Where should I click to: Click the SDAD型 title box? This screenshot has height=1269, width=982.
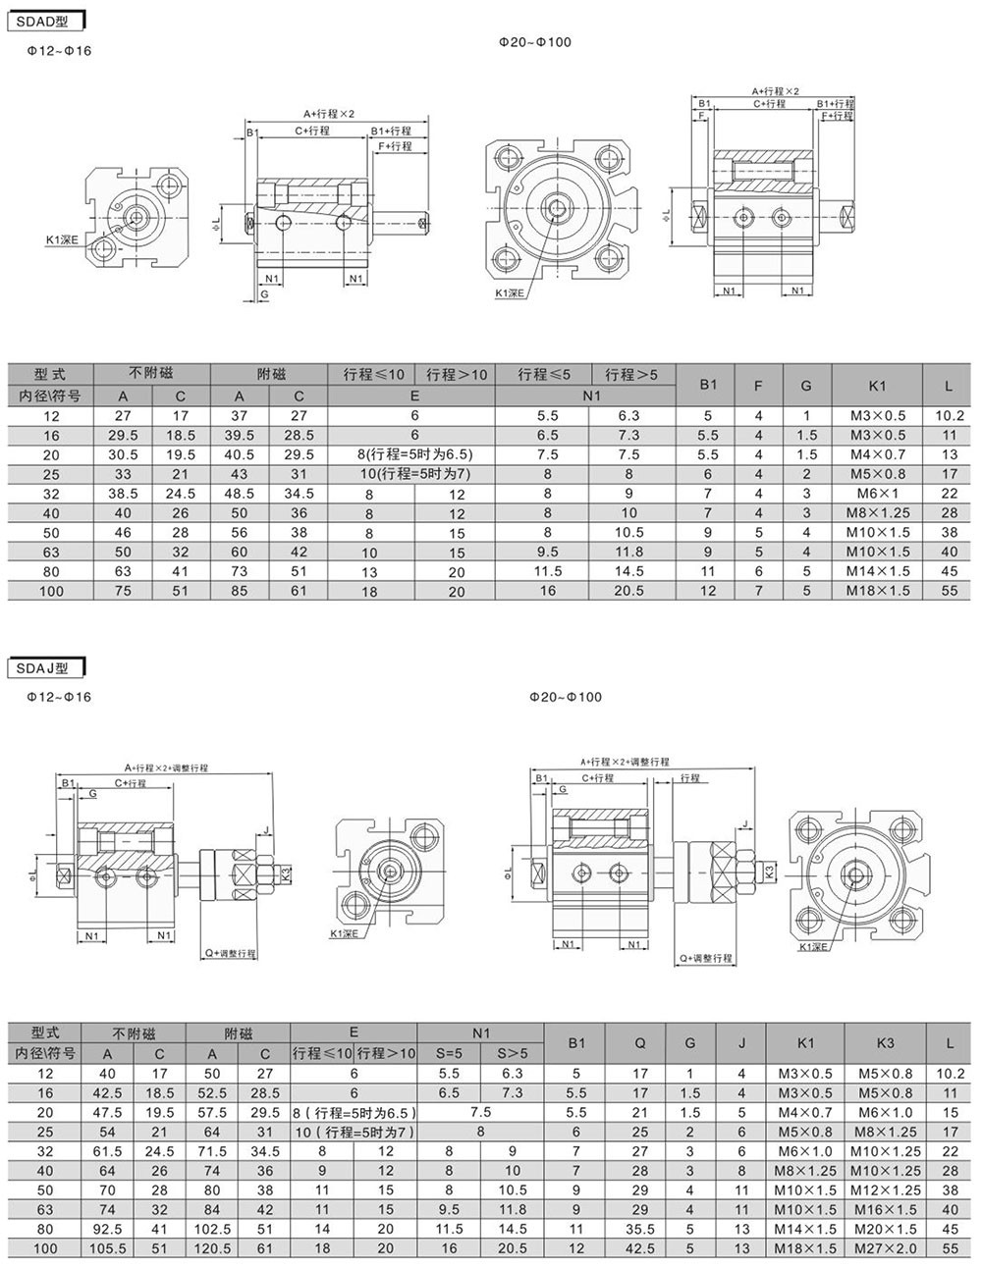point(45,22)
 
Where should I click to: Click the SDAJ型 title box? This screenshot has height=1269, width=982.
point(45,668)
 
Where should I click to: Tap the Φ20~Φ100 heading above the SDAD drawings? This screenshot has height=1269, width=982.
point(534,42)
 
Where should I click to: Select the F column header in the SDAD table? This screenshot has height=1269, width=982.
point(758,386)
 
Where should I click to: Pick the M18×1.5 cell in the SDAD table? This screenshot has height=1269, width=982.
point(878,591)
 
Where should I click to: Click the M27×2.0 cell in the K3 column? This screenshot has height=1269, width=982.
point(885,1248)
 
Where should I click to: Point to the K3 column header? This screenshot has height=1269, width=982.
point(885,1043)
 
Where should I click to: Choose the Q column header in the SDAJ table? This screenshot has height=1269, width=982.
point(640,1043)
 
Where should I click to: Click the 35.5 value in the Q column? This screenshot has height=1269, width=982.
point(640,1230)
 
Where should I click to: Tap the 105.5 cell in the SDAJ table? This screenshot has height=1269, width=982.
point(107,1248)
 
